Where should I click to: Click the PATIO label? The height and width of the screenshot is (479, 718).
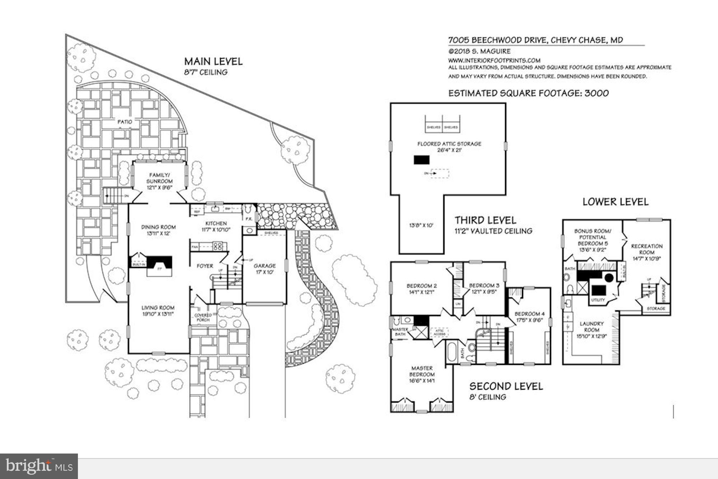pos(125,122)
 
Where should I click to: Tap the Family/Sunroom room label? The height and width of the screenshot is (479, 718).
pos(159,178)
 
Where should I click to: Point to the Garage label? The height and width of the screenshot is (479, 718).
pos(265,266)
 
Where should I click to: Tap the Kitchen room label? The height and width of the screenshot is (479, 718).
pos(216,224)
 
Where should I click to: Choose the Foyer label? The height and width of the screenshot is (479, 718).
pos(205,266)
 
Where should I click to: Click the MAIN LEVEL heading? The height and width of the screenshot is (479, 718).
pos(213,61)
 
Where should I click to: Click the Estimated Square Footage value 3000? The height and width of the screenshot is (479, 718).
pos(597,93)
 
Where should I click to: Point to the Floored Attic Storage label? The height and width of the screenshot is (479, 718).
pos(449,144)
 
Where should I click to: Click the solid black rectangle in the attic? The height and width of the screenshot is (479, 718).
pos(421,160)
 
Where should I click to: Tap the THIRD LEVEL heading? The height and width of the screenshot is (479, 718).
pos(485,220)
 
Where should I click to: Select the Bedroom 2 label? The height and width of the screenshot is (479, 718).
pos(421,286)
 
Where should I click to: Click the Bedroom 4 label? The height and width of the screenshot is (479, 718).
pos(529,314)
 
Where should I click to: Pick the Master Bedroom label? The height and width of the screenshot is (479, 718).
pos(422,371)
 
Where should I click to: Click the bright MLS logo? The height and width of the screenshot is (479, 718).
pos(39,466)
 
